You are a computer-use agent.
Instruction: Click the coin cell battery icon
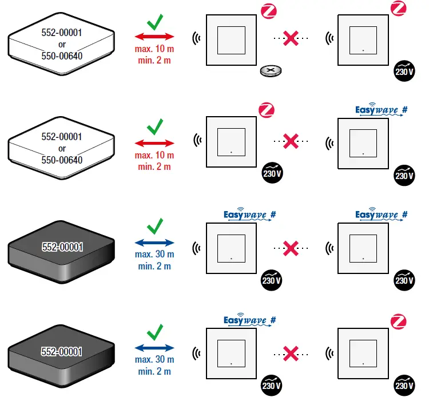point(271,71)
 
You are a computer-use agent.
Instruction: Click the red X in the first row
point(291,38)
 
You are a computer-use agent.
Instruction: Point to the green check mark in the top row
point(154,24)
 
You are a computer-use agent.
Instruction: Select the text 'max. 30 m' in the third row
point(154,254)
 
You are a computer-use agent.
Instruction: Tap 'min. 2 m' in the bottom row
point(154,371)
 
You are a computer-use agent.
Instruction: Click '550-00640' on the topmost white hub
point(61,56)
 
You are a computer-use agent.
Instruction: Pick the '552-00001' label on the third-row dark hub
point(62,247)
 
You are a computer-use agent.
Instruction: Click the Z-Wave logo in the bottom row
point(399,321)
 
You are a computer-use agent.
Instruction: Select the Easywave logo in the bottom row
point(249,320)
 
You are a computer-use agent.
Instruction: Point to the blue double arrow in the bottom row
point(154,347)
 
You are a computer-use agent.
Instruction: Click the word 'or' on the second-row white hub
point(62,149)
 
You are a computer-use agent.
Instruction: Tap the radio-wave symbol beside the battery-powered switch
point(197,38)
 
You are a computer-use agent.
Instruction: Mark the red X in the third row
point(291,248)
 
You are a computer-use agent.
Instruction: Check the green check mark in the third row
point(154,227)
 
